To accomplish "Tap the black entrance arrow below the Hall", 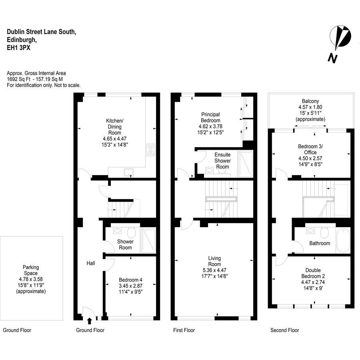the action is tap(90, 321).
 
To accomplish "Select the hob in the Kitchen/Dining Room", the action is tap(151, 150).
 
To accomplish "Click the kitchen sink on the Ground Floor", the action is tap(128, 172).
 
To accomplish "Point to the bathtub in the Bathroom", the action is tap(343, 240).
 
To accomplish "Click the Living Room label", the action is tap(214, 261).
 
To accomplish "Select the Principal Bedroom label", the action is tap(210, 117).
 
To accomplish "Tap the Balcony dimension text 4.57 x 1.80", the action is tap(310, 107).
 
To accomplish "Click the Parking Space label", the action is tap(31, 270).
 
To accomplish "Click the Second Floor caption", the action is tap(285, 330).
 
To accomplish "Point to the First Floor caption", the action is tap(184, 330).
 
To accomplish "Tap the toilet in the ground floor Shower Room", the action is tap(131, 232).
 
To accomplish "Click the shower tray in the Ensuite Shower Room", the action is tap(246, 164).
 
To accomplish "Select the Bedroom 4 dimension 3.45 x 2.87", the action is tap(131, 286).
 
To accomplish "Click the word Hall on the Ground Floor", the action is tap(91, 263).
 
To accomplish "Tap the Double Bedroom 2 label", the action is tap(313, 273).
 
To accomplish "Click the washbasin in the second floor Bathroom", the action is tap(310, 230).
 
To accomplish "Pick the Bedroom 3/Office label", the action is tap(310, 149).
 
